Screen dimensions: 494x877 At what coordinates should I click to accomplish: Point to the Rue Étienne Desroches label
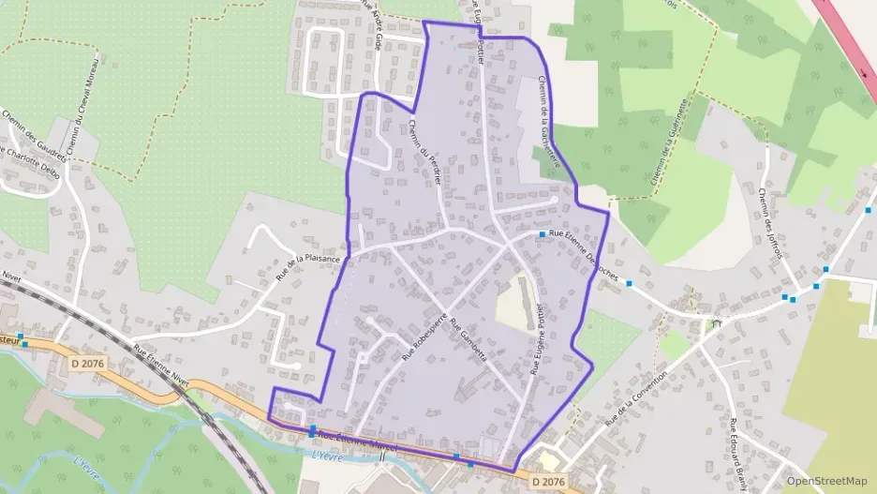click(585, 254)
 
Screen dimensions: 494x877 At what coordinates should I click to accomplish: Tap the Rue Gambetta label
click(468, 343)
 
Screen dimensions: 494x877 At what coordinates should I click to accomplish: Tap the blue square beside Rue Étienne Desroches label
click(543, 234)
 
